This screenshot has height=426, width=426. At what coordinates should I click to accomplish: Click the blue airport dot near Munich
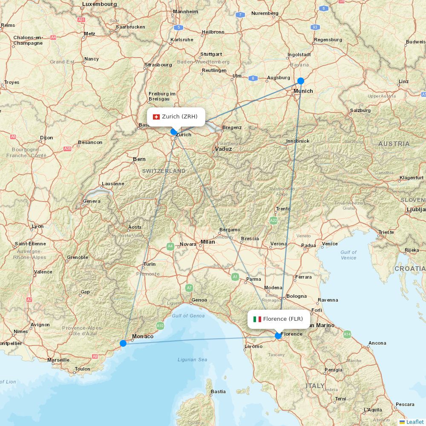(301, 81)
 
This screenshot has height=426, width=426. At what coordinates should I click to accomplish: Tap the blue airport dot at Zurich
(173, 132)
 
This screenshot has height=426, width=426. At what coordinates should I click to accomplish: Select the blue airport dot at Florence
(278, 336)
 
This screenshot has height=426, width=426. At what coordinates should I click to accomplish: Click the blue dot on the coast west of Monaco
(123, 343)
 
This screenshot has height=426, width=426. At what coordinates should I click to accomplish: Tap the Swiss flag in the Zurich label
(156, 117)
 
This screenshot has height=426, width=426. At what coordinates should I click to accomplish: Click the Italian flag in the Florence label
(257, 319)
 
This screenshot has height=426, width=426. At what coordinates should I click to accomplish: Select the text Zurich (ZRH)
(180, 117)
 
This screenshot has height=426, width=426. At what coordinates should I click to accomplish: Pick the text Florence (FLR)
(283, 319)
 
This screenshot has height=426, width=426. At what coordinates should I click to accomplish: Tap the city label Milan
(208, 242)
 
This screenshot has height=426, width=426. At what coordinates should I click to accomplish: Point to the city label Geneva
(92, 201)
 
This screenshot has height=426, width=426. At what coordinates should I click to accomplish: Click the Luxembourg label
(99, 4)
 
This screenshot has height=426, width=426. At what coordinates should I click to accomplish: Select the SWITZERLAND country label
(164, 171)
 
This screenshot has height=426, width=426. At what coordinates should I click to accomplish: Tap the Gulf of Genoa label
(188, 316)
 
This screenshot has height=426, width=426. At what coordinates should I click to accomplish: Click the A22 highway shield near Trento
(273, 221)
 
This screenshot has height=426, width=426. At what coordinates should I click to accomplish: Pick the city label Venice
(330, 244)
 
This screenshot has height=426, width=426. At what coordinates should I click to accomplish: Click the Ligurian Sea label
(193, 360)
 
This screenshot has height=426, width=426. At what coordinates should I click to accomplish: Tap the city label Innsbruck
(298, 141)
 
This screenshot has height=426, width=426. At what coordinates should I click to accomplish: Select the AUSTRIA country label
(394, 144)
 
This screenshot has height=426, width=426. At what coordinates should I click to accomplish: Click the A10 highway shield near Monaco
(160, 326)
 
